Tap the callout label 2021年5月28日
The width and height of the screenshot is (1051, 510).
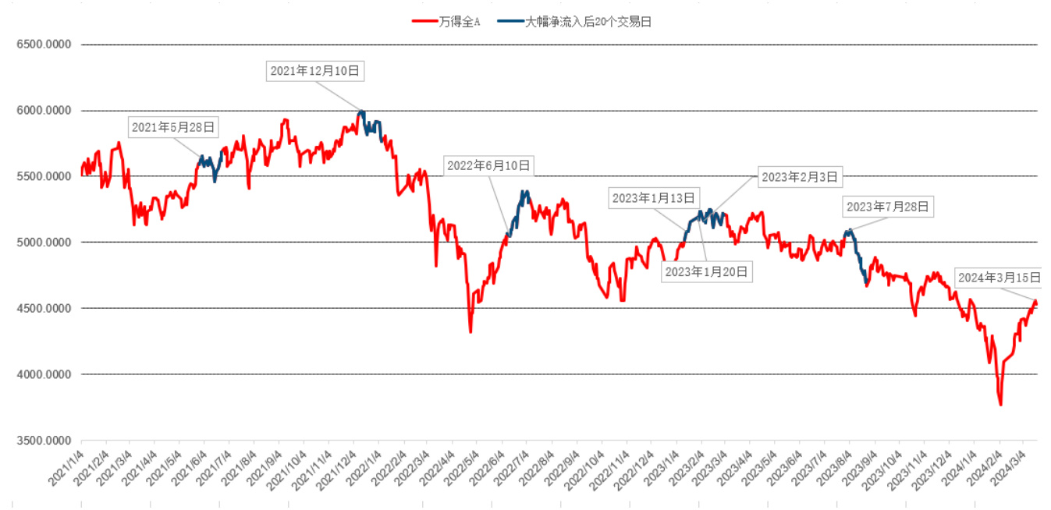point(173,127)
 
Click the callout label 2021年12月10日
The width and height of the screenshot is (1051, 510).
point(314,71)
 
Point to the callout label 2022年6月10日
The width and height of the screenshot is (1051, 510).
point(488,165)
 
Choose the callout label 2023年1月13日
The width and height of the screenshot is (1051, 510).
point(653,198)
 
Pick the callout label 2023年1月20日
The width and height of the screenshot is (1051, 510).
point(706,271)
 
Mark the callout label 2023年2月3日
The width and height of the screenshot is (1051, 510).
point(800,178)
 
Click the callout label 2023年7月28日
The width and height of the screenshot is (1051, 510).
point(887,207)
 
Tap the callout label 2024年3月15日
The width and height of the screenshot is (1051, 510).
point(1000,278)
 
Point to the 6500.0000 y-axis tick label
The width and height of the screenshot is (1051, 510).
point(44,44)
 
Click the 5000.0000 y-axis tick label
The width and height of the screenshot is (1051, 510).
point(44,243)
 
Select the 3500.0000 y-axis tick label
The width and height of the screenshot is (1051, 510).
point(44,441)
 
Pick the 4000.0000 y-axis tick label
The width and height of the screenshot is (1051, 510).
point(44,374)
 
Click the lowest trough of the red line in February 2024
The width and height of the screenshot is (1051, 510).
point(1000,405)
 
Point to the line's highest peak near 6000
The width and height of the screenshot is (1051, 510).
point(361,112)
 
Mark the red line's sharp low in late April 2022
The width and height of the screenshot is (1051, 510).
point(470,332)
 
